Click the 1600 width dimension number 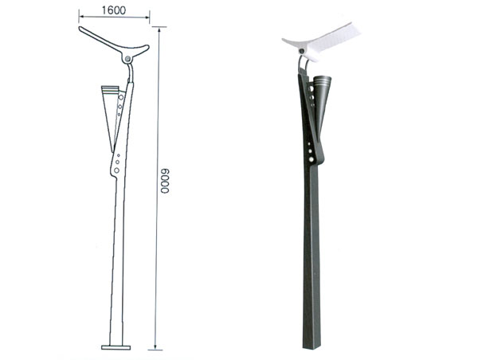113,10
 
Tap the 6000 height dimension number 165,181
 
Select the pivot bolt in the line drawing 127,58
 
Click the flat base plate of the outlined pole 116,347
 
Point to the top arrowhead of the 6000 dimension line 159,29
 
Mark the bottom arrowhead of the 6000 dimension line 155,347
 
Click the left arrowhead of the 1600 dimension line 81,16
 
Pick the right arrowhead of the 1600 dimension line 147,17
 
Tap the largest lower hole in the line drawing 116,170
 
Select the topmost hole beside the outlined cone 121,97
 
